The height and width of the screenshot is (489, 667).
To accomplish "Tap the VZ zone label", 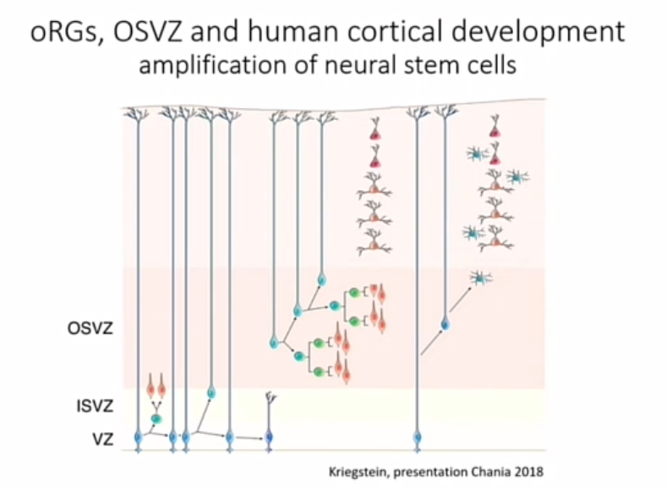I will coord(95,438).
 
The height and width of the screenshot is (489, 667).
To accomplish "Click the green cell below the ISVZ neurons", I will coord(156,418).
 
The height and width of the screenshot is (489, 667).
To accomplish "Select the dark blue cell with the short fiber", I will coord(269,437).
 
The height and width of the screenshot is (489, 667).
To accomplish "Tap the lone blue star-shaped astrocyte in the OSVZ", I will coord(481,278).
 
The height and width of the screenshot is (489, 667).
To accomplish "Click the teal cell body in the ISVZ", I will coord(211,392).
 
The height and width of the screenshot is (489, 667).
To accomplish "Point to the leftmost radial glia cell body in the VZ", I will coord(139,437).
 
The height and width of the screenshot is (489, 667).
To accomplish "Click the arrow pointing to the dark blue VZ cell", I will coord(249,437).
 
